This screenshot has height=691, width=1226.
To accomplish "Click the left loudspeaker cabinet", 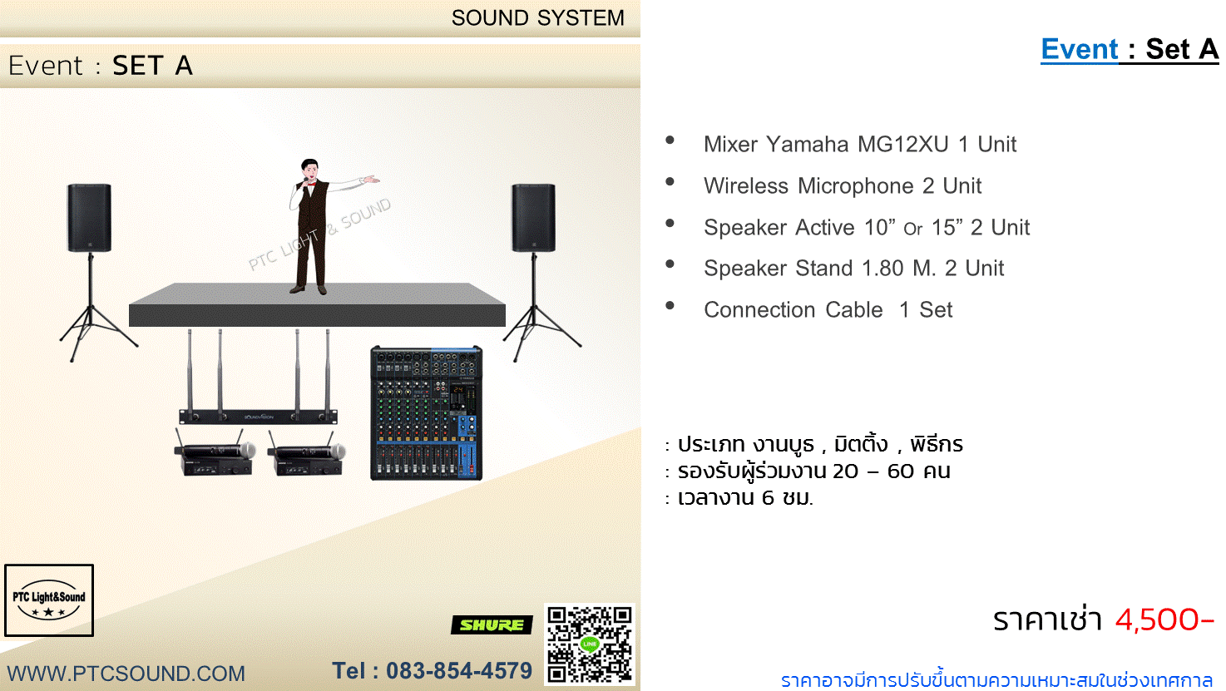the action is pyautogui.click(x=89, y=218).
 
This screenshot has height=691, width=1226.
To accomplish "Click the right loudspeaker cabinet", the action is pyautogui.click(x=534, y=218).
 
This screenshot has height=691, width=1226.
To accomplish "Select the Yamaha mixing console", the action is pyautogui.click(x=427, y=413).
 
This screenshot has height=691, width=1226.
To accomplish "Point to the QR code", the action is pyautogui.click(x=590, y=644).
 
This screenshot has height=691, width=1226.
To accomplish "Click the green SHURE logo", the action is pyautogui.click(x=492, y=624).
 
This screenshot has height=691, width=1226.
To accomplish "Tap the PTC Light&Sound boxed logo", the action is pyautogui.click(x=49, y=600).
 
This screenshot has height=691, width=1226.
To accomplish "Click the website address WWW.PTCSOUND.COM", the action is pyautogui.click(x=126, y=674).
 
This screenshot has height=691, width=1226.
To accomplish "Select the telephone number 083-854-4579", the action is pyautogui.click(x=459, y=671).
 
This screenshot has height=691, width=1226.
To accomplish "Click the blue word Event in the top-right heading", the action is pyautogui.click(x=1080, y=49).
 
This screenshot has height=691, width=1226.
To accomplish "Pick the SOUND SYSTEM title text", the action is pyautogui.click(x=537, y=18).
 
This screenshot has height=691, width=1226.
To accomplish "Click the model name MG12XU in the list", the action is pyautogui.click(x=902, y=145).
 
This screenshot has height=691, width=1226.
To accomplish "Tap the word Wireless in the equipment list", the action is pyautogui.click(x=746, y=186).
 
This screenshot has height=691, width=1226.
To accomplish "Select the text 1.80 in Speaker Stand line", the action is pyautogui.click(x=882, y=269).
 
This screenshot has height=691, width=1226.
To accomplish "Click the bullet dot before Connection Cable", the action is pyautogui.click(x=670, y=306).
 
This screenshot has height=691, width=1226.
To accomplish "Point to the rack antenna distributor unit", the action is pyautogui.click(x=259, y=377).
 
